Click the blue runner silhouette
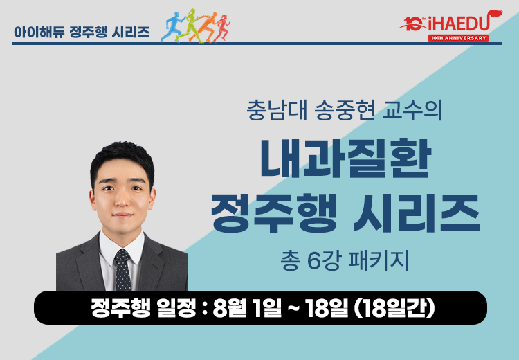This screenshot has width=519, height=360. click(172, 27)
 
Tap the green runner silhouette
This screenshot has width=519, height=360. click(188, 26)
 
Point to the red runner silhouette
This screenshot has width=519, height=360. click(221, 28)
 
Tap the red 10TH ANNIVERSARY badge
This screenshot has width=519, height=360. click(458, 38)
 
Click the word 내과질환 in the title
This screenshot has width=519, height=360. click(346, 159)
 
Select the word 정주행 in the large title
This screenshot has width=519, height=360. click(274, 213)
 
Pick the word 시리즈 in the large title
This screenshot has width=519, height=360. click(417, 213)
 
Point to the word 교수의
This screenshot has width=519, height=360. click(412, 110)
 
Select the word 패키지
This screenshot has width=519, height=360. click(379, 260)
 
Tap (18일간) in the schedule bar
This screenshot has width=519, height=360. click(394, 308)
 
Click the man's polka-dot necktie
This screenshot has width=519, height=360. click(122, 270)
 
